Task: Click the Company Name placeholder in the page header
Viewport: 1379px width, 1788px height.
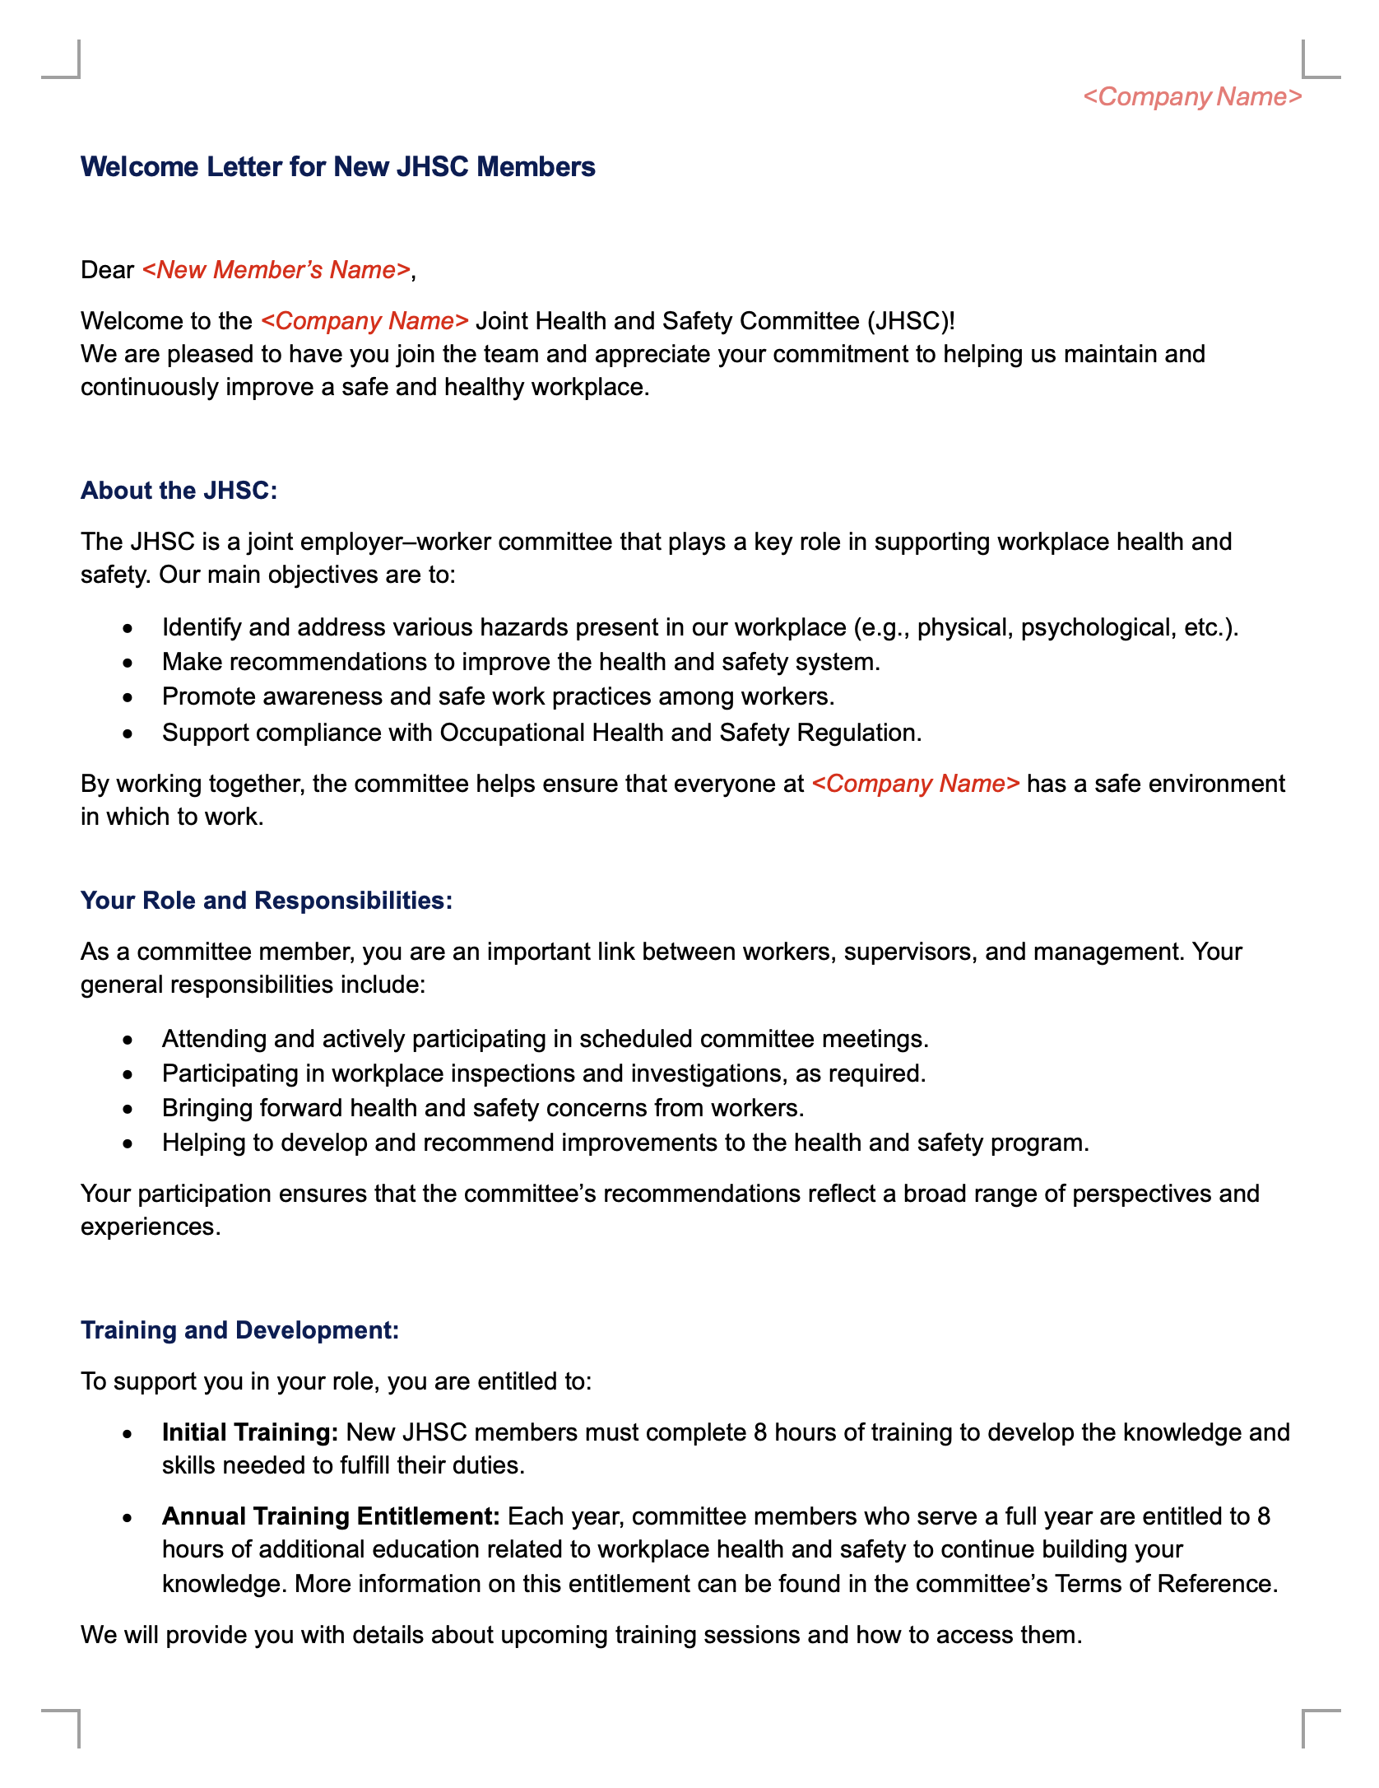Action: (x=1192, y=97)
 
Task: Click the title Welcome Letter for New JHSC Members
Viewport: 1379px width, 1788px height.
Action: (x=337, y=167)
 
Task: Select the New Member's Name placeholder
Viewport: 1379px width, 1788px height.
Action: (x=276, y=270)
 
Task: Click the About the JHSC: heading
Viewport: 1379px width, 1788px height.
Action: (x=179, y=491)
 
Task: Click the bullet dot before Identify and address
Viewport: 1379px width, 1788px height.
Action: (x=128, y=628)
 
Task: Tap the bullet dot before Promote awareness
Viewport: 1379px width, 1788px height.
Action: (x=128, y=697)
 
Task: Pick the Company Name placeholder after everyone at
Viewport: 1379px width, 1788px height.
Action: (x=916, y=784)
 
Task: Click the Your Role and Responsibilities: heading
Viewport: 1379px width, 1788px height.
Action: (x=267, y=901)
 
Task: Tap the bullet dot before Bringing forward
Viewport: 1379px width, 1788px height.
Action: (x=128, y=1109)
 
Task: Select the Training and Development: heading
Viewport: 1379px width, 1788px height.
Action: (x=239, y=1330)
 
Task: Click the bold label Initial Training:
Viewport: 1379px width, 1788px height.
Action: (x=250, y=1432)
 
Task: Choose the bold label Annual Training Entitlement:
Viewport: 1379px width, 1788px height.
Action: (x=331, y=1516)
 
